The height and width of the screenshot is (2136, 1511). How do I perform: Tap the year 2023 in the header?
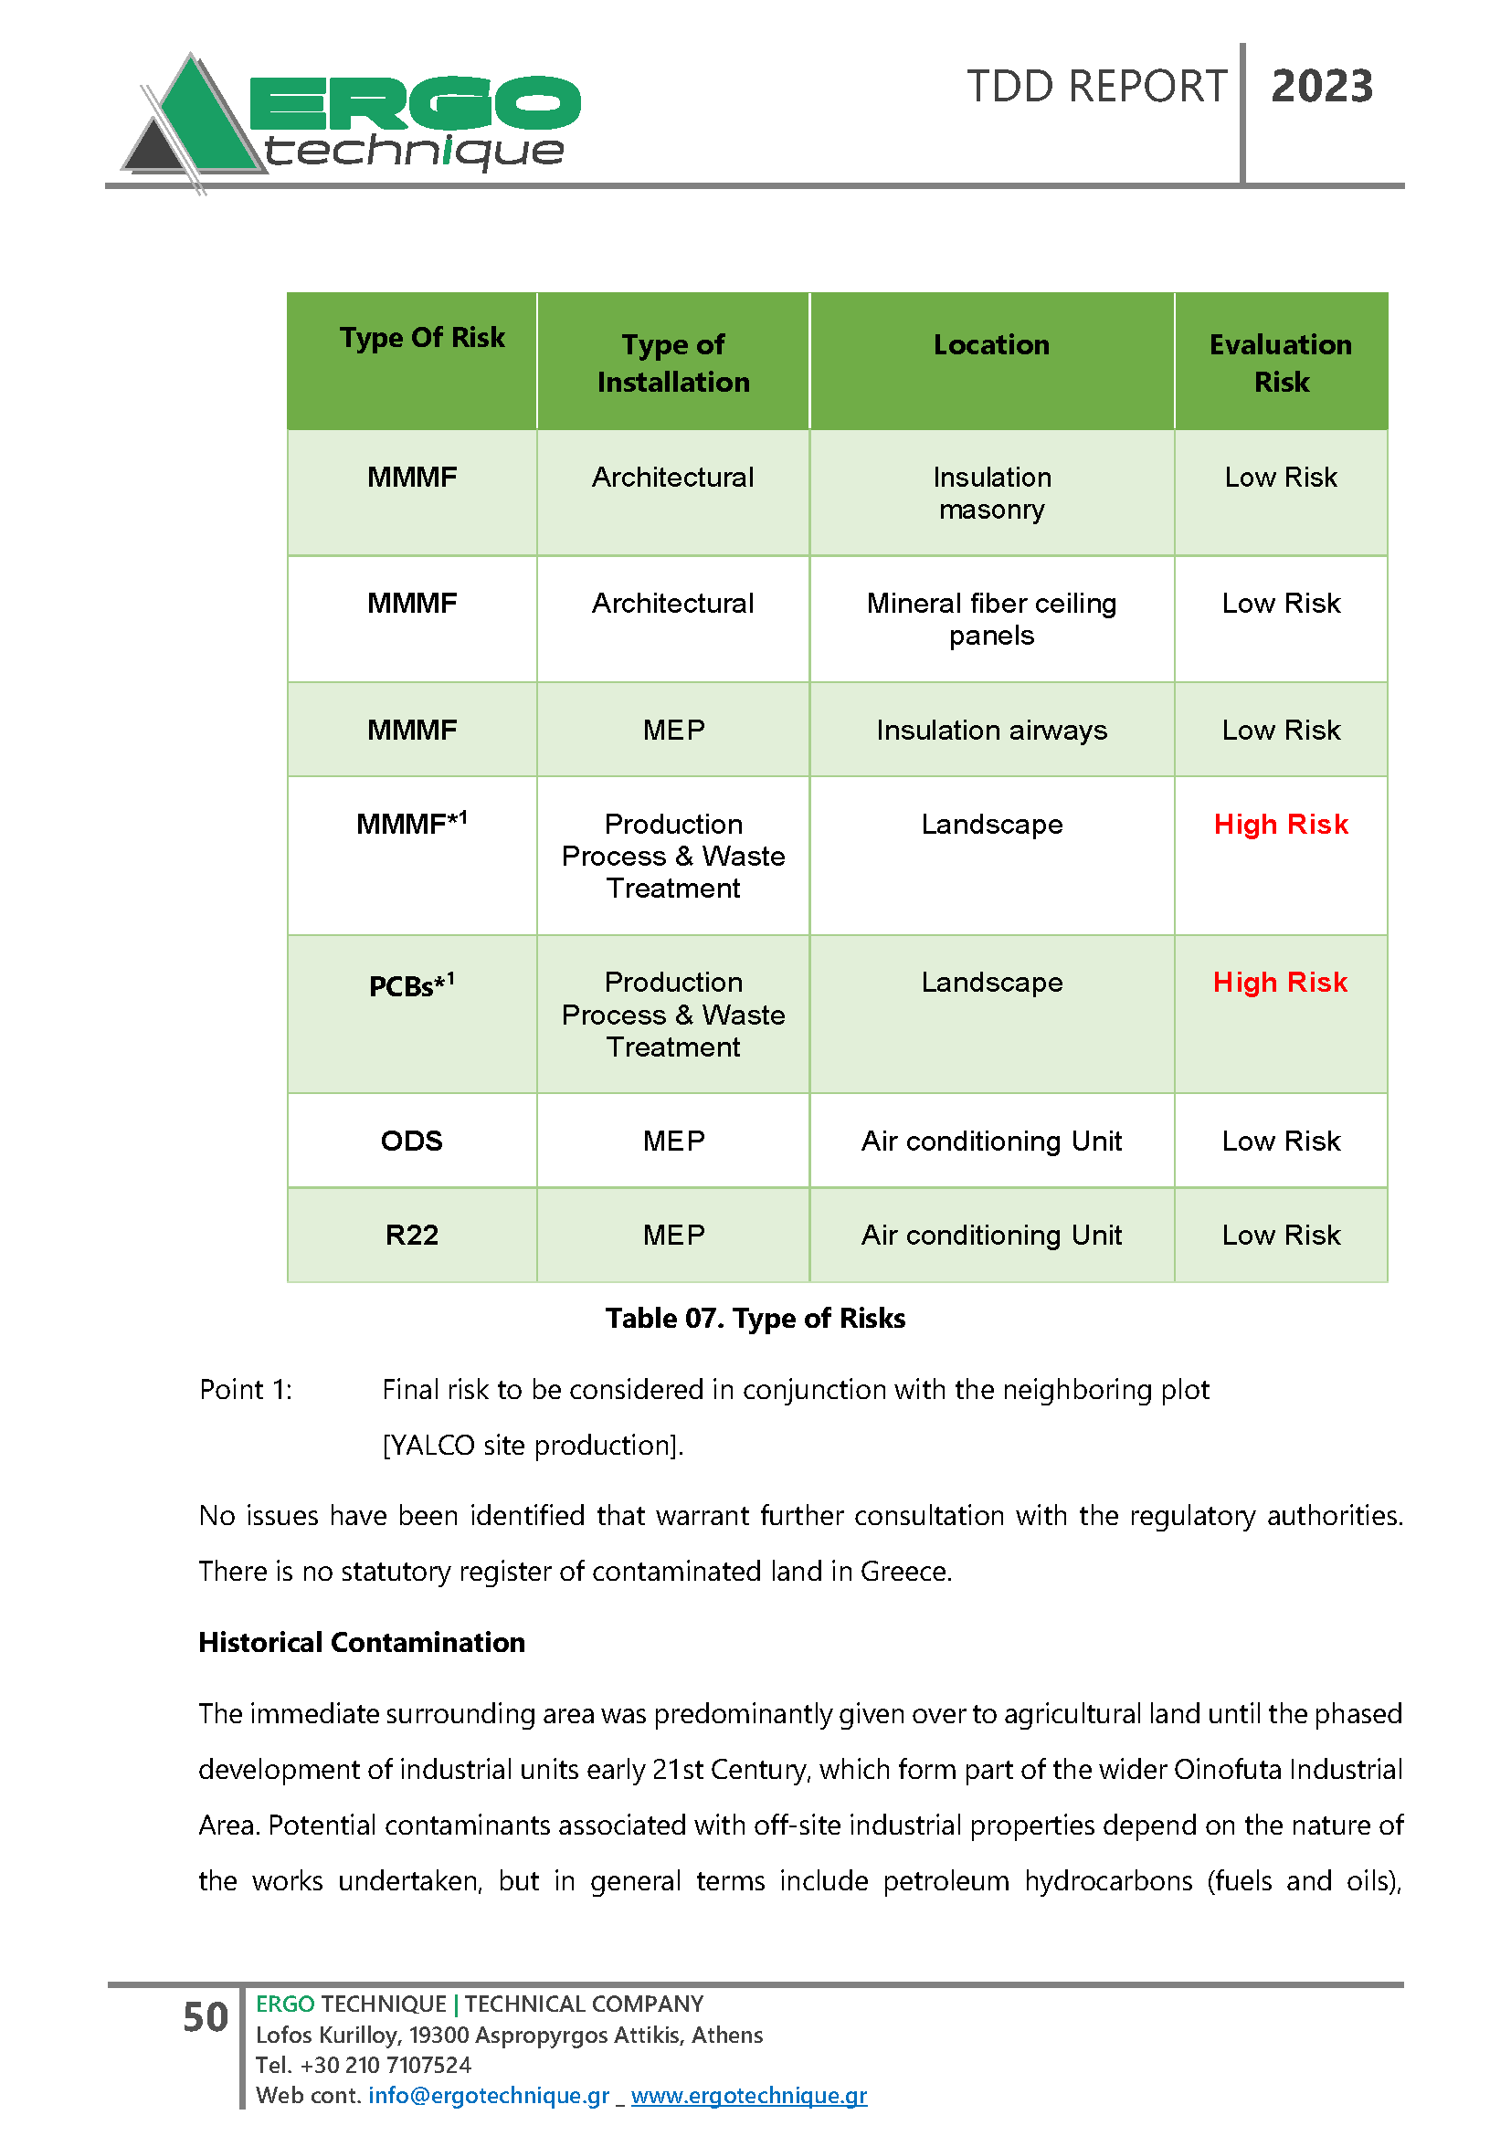click(1321, 87)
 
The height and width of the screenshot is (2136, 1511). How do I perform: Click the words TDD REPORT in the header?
click(1096, 87)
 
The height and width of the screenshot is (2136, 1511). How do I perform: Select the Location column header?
click(991, 345)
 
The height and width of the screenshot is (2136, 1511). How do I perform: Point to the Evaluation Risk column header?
click(1280, 363)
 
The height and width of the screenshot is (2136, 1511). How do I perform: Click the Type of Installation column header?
click(672, 363)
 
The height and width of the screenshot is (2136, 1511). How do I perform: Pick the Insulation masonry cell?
click(992, 493)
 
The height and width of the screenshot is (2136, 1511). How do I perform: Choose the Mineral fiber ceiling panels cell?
click(992, 618)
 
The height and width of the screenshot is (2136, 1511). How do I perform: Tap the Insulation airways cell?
click(992, 731)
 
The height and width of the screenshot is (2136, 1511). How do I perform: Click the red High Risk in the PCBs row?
click(1280, 983)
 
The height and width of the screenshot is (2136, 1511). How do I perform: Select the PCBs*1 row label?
click(411, 985)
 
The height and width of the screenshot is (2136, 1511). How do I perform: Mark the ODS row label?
click(411, 1142)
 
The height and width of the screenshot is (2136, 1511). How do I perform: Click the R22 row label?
click(411, 1236)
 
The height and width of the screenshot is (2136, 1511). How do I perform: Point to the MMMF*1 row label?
click(411, 825)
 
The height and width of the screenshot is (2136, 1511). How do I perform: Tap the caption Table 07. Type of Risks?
click(755, 1319)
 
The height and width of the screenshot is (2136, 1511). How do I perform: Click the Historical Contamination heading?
click(362, 1642)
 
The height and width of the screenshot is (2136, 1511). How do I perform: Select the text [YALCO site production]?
click(534, 1445)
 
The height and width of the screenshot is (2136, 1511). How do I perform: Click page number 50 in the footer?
click(206, 2017)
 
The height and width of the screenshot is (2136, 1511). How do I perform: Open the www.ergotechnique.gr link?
click(749, 2095)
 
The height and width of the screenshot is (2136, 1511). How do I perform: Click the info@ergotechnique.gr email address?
click(489, 2095)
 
